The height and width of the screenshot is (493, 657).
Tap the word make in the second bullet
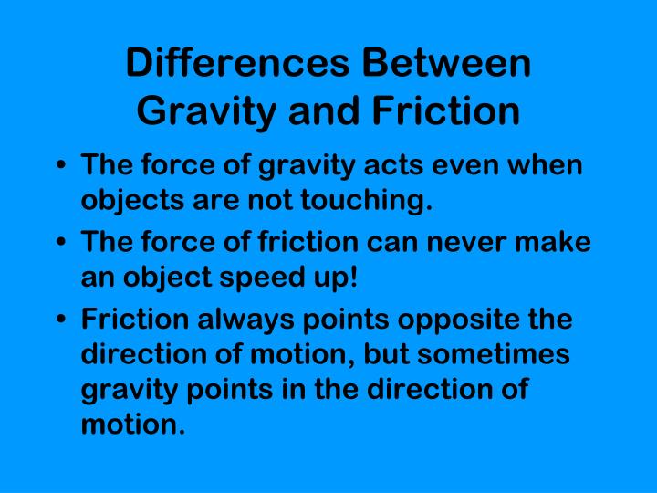click(x=561, y=244)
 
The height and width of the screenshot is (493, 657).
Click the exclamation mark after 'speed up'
click(x=351, y=276)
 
